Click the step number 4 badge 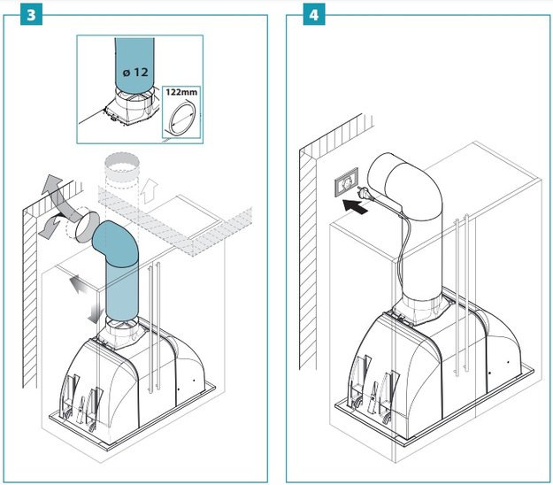click(x=313, y=16)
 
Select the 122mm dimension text click(x=180, y=91)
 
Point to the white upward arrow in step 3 click(x=150, y=189)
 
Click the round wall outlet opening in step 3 click(x=84, y=227)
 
